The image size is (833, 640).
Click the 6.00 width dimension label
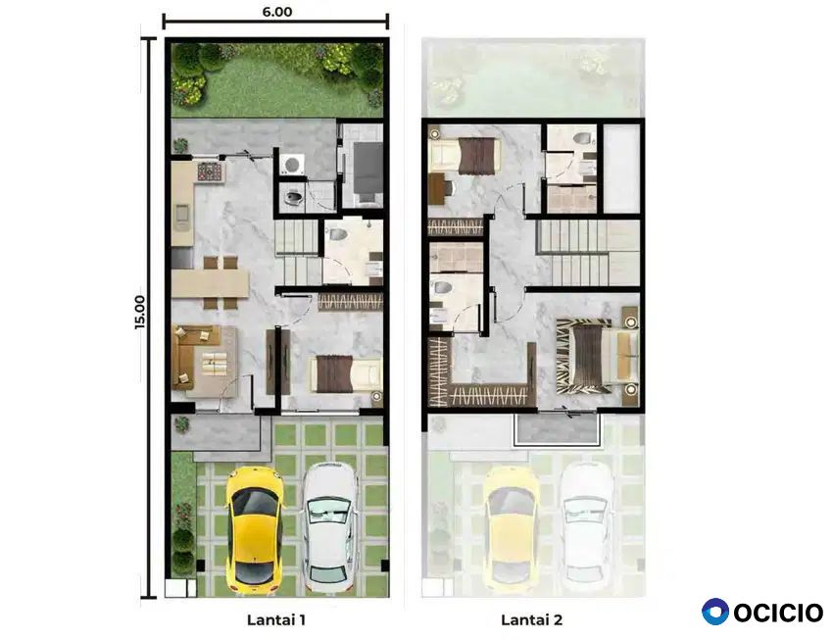(x=276, y=12)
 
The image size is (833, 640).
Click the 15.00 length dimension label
(x=139, y=313)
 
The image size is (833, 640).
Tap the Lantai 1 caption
(x=276, y=619)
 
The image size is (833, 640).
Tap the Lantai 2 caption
(x=531, y=619)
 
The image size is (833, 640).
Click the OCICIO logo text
(x=778, y=613)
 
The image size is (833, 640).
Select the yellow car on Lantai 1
(x=255, y=530)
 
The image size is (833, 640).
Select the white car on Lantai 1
(x=330, y=527)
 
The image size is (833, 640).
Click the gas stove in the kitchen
(x=210, y=171)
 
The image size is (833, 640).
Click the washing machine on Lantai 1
(x=292, y=164)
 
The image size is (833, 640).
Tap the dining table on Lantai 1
(x=211, y=283)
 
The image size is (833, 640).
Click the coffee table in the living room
(x=216, y=364)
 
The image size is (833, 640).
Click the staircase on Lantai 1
(x=299, y=253)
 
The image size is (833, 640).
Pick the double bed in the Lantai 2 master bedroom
(x=597, y=356)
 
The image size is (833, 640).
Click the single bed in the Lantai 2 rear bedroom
(x=465, y=155)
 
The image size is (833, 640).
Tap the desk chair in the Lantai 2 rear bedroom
(x=446, y=188)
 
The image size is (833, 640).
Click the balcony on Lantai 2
(x=557, y=428)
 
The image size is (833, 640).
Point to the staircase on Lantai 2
(x=590, y=253)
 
